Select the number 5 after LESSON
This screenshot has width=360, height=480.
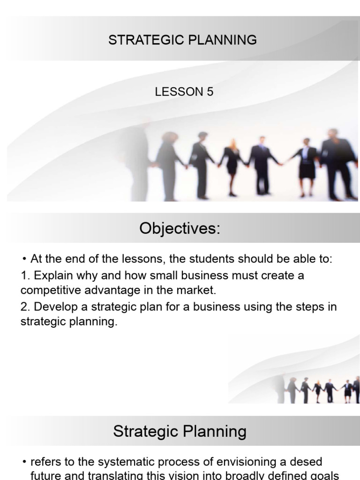tap(209, 92)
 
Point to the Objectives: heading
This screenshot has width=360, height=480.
tap(180, 229)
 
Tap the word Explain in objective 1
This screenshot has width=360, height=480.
tap(52, 276)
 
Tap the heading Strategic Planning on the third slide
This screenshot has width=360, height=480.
tap(180, 431)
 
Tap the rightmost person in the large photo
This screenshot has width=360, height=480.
tap(336, 162)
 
